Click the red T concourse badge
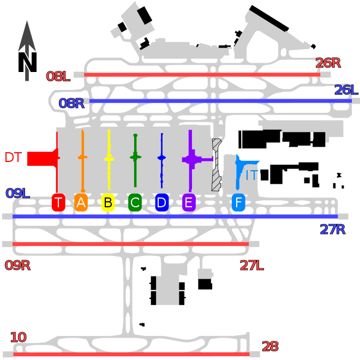[x=58, y=202]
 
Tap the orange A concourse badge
[x=81, y=202]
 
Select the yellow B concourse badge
[x=108, y=202]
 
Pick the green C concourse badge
[x=135, y=202]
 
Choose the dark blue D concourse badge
[x=162, y=202]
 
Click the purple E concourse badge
[x=189, y=202]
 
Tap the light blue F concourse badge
[x=238, y=202]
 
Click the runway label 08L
[x=58, y=76]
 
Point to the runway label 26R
[x=328, y=63]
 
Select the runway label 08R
[x=71, y=103]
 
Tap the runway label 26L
[x=346, y=90]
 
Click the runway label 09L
[x=17, y=193]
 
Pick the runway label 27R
[x=333, y=229]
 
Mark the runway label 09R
[x=17, y=266]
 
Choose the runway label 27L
[x=251, y=266]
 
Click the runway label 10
[x=19, y=337]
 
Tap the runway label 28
[x=270, y=346]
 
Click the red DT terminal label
[x=13, y=158]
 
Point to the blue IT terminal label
[x=252, y=176]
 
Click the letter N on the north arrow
[x=27, y=62]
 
